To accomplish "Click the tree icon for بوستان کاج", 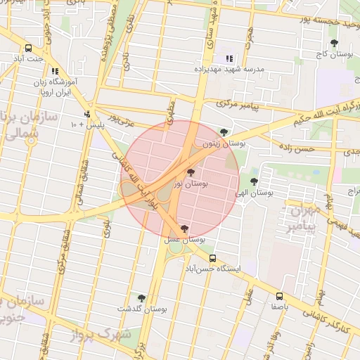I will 334,44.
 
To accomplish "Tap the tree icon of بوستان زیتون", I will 224,131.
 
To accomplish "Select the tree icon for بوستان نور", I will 191,172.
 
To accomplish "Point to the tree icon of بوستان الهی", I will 264,181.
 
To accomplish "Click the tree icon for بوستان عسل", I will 184,229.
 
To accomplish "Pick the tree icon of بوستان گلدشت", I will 141,298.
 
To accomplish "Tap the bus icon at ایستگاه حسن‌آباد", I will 212,258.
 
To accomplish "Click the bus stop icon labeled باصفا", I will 280,296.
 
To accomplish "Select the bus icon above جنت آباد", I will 28,49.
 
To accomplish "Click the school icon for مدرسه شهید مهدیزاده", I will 229,59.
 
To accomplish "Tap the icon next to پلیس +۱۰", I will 86,114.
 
